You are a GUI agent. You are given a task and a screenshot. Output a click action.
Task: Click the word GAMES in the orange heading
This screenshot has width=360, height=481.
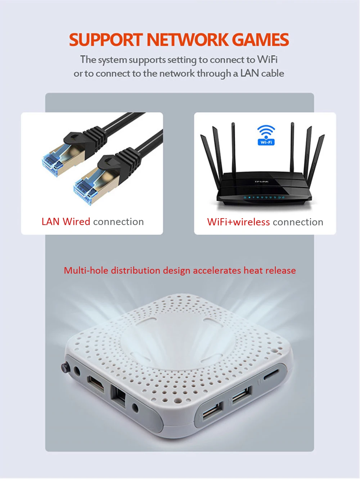pos(260,40)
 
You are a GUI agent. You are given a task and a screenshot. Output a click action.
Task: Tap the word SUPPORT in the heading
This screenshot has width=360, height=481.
pos(106,40)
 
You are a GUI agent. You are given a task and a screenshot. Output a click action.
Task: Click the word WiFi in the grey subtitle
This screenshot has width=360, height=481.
pos(267,59)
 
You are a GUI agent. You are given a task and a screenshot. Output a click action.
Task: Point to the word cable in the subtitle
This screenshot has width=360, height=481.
pos(273,73)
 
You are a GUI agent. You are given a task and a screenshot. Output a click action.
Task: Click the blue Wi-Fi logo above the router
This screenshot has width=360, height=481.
pos(266,135)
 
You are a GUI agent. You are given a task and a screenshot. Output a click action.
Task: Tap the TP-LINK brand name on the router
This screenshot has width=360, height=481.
pos(262,182)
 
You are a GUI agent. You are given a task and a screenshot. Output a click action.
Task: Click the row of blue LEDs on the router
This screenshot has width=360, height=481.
pos(264,197)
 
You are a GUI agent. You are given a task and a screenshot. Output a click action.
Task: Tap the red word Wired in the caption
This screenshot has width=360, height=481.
pos(76,222)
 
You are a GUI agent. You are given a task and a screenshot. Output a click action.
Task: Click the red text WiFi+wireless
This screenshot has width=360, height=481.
pos(238,222)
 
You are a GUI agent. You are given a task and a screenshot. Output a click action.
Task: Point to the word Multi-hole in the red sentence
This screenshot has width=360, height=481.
pos(86,270)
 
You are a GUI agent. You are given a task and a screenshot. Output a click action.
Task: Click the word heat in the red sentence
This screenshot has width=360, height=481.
pos(253,270)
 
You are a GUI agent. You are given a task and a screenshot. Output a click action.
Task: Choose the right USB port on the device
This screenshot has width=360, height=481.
pos(241,395)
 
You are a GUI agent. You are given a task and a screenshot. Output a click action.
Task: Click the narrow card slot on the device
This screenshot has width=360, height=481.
pos(273,375)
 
